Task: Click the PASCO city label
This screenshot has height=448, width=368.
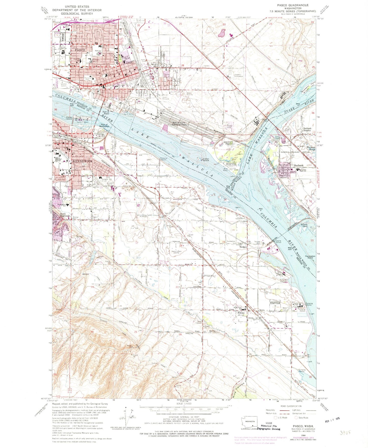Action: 79,50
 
